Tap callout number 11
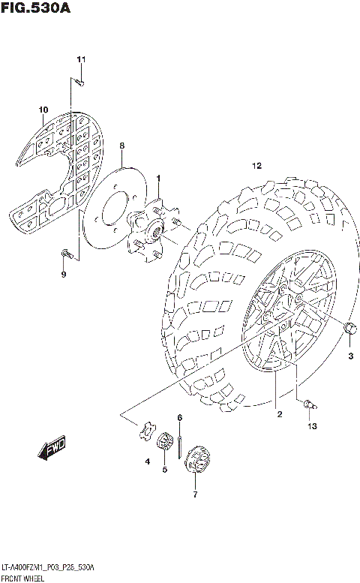[x=81, y=59]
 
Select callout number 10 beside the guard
[x=43, y=110]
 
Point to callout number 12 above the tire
[x=256, y=165]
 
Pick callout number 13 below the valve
[x=311, y=426]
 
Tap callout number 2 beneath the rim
[x=278, y=413]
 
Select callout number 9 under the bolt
[x=64, y=275]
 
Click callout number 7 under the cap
[x=195, y=494]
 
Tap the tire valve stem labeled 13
[x=308, y=405]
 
